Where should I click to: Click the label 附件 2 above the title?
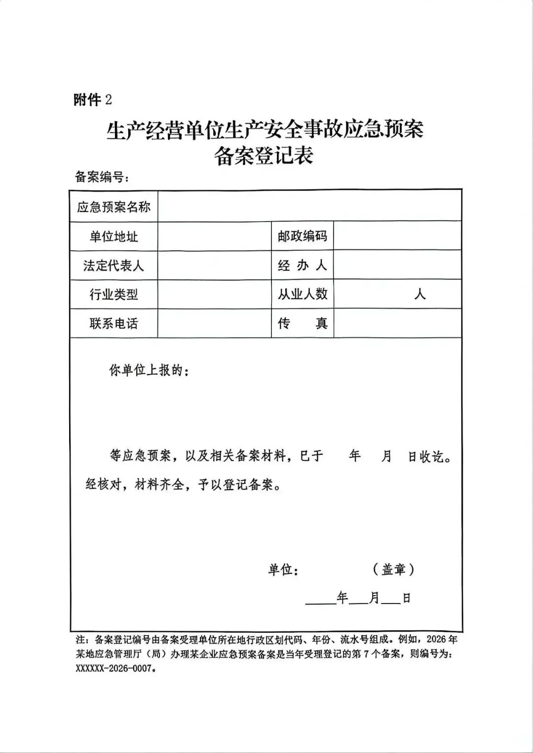93,100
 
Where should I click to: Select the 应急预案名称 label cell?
114,207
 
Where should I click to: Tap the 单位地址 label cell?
114,236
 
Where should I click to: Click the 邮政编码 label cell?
302,236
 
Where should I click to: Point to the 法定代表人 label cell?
114,265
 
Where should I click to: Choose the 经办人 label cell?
302,265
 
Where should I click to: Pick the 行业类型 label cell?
114,295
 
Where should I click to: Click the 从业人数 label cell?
302,294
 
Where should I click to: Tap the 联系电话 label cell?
114,323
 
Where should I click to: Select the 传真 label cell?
302,323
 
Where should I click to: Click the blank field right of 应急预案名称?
309,207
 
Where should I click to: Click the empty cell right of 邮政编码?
397,236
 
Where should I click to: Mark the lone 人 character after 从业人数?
420,295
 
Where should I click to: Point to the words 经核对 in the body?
103,485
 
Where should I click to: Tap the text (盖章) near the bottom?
393,569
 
